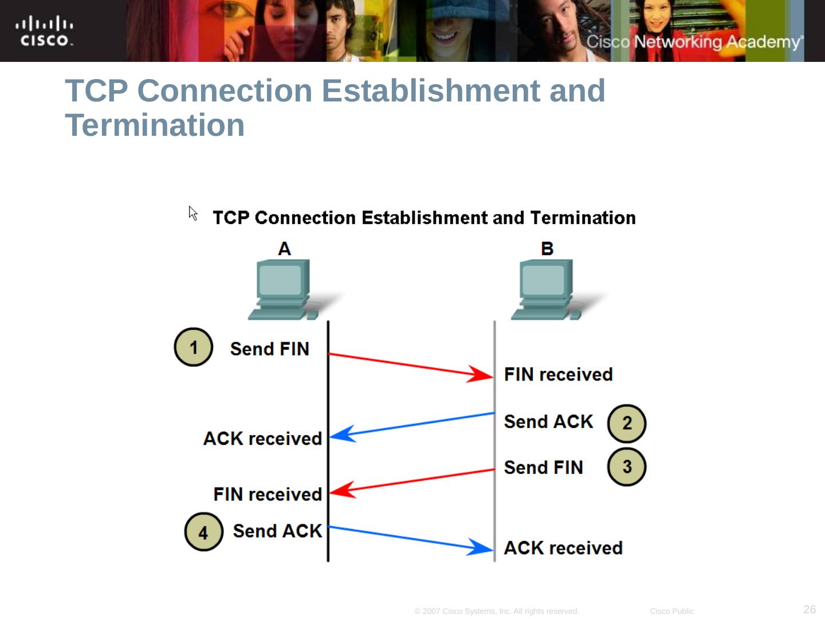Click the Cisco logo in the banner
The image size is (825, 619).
pos(44,32)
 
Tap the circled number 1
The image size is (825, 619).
pos(194,347)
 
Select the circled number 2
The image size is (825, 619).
pos(627,424)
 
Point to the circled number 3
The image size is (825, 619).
pos(627,467)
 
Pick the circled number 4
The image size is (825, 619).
pos(203,532)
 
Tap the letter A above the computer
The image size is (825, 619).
pos(284,249)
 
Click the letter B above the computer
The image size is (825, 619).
pos(547,249)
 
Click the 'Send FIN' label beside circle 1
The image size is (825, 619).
pos(269,349)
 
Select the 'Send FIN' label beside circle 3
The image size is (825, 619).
pos(543,468)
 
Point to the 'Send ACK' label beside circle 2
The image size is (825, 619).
pos(548,422)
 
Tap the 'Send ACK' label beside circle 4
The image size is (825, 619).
pos(277,531)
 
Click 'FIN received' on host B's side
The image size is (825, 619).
pos(558,375)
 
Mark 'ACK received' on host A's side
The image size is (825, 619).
pos(262,438)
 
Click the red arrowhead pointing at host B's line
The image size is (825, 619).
pos(481,375)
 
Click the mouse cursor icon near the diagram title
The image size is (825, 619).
pos(193,213)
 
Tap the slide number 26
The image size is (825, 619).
pos(810,609)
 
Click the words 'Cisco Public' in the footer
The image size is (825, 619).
pos(671,611)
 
